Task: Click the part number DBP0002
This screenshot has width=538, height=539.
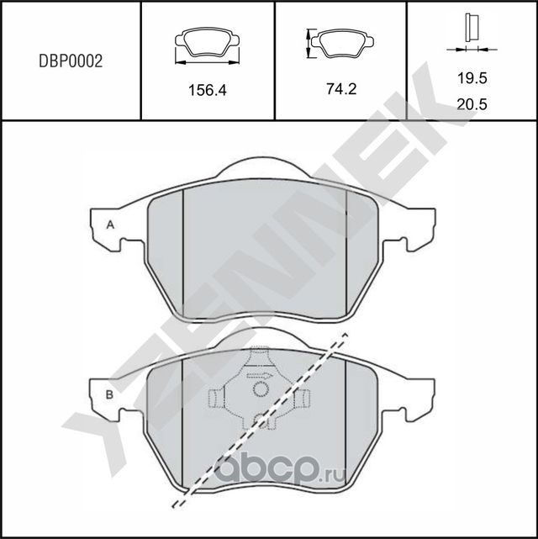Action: tap(71, 61)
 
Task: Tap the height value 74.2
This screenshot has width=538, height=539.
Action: tap(341, 87)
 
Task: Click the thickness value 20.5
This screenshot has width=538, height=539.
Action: tap(472, 105)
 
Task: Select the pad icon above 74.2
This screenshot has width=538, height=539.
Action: tap(340, 42)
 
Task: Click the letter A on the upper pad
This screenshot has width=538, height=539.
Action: tap(109, 224)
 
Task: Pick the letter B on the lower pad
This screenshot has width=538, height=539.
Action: tap(109, 394)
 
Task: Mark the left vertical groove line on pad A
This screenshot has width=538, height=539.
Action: tap(183, 252)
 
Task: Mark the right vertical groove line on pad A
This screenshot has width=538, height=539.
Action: tap(346, 252)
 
